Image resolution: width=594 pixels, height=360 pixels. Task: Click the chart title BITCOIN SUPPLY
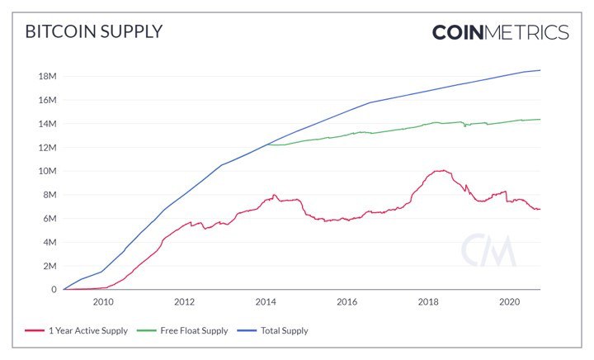(x=93, y=32)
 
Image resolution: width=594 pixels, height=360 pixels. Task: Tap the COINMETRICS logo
(x=501, y=32)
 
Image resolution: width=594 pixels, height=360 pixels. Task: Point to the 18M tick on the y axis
(x=45, y=76)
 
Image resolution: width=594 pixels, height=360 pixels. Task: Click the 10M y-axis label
(x=45, y=171)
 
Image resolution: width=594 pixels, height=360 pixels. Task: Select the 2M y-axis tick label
(x=47, y=266)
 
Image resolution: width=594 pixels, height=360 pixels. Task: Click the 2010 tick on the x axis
(x=103, y=303)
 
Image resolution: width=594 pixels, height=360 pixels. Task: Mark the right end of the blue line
(x=540, y=70)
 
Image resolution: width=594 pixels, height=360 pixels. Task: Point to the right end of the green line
(x=540, y=120)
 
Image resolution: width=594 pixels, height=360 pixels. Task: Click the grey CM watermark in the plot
(x=488, y=250)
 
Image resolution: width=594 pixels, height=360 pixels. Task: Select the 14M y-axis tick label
(x=45, y=124)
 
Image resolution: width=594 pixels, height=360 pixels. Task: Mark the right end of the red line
(x=540, y=209)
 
